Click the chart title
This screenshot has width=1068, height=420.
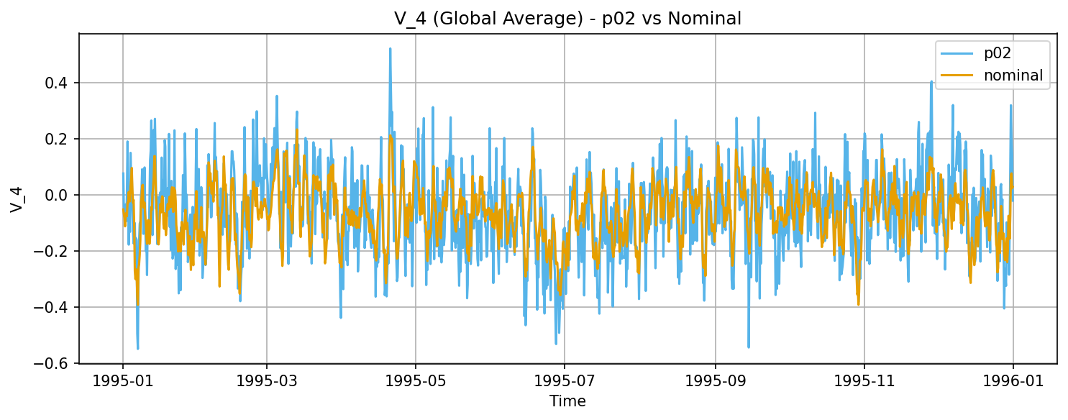(567, 19)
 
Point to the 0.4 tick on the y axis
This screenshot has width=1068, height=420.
(59, 83)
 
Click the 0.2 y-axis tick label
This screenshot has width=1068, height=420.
(59, 139)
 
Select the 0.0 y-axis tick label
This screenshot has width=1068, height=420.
(59, 195)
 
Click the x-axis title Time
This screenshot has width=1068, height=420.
(567, 401)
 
